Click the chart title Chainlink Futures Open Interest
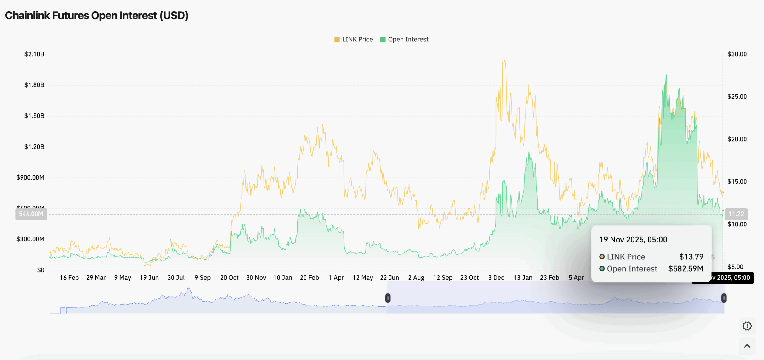(x=96, y=16)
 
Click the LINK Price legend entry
(x=354, y=39)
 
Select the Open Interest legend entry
(x=404, y=39)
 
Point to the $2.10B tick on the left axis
(x=34, y=54)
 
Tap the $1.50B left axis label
(x=34, y=116)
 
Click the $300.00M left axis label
(x=30, y=239)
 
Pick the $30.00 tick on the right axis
(x=737, y=54)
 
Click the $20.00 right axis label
(x=737, y=139)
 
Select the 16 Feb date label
(x=69, y=278)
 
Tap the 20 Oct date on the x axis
(x=229, y=278)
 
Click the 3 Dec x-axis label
(x=496, y=278)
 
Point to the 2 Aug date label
(x=416, y=278)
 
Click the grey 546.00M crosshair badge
(x=31, y=214)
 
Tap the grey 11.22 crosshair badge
(x=736, y=214)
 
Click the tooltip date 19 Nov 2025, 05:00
(x=633, y=240)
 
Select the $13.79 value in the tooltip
(x=691, y=257)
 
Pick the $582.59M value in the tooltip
(x=686, y=269)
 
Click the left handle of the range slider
(x=388, y=298)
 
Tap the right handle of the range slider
(x=724, y=298)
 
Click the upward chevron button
(x=747, y=346)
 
